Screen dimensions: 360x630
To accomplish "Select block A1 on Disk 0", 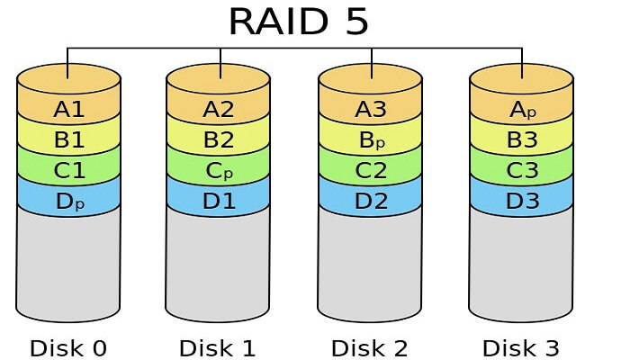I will point(68,110).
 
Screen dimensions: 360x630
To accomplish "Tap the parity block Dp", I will point(68,201).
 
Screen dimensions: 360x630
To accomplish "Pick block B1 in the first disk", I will point(68,140).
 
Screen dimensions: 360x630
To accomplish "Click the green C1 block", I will point(68,170).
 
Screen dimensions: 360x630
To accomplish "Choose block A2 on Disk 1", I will point(219,110).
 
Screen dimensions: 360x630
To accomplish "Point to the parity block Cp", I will point(219,170).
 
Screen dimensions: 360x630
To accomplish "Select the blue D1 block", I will point(219,201).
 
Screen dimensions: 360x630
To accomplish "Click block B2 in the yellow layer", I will point(219,140).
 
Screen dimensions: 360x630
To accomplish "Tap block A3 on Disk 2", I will point(370,110).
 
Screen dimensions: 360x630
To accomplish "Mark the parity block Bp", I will point(370,140).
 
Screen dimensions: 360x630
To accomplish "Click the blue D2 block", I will point(370,201).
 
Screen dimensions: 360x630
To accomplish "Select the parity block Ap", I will point(522,110).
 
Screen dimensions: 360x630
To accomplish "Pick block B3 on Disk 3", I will point(522,140).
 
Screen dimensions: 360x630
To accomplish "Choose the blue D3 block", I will point(522,201).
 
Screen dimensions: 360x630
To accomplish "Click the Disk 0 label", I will point(68,346).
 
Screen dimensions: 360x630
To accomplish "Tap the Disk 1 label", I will point(219,346).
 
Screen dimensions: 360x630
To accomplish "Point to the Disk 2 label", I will point(370,346).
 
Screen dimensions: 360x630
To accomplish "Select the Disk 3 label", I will point(522,346).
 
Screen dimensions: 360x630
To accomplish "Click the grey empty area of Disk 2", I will point(370,265).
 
